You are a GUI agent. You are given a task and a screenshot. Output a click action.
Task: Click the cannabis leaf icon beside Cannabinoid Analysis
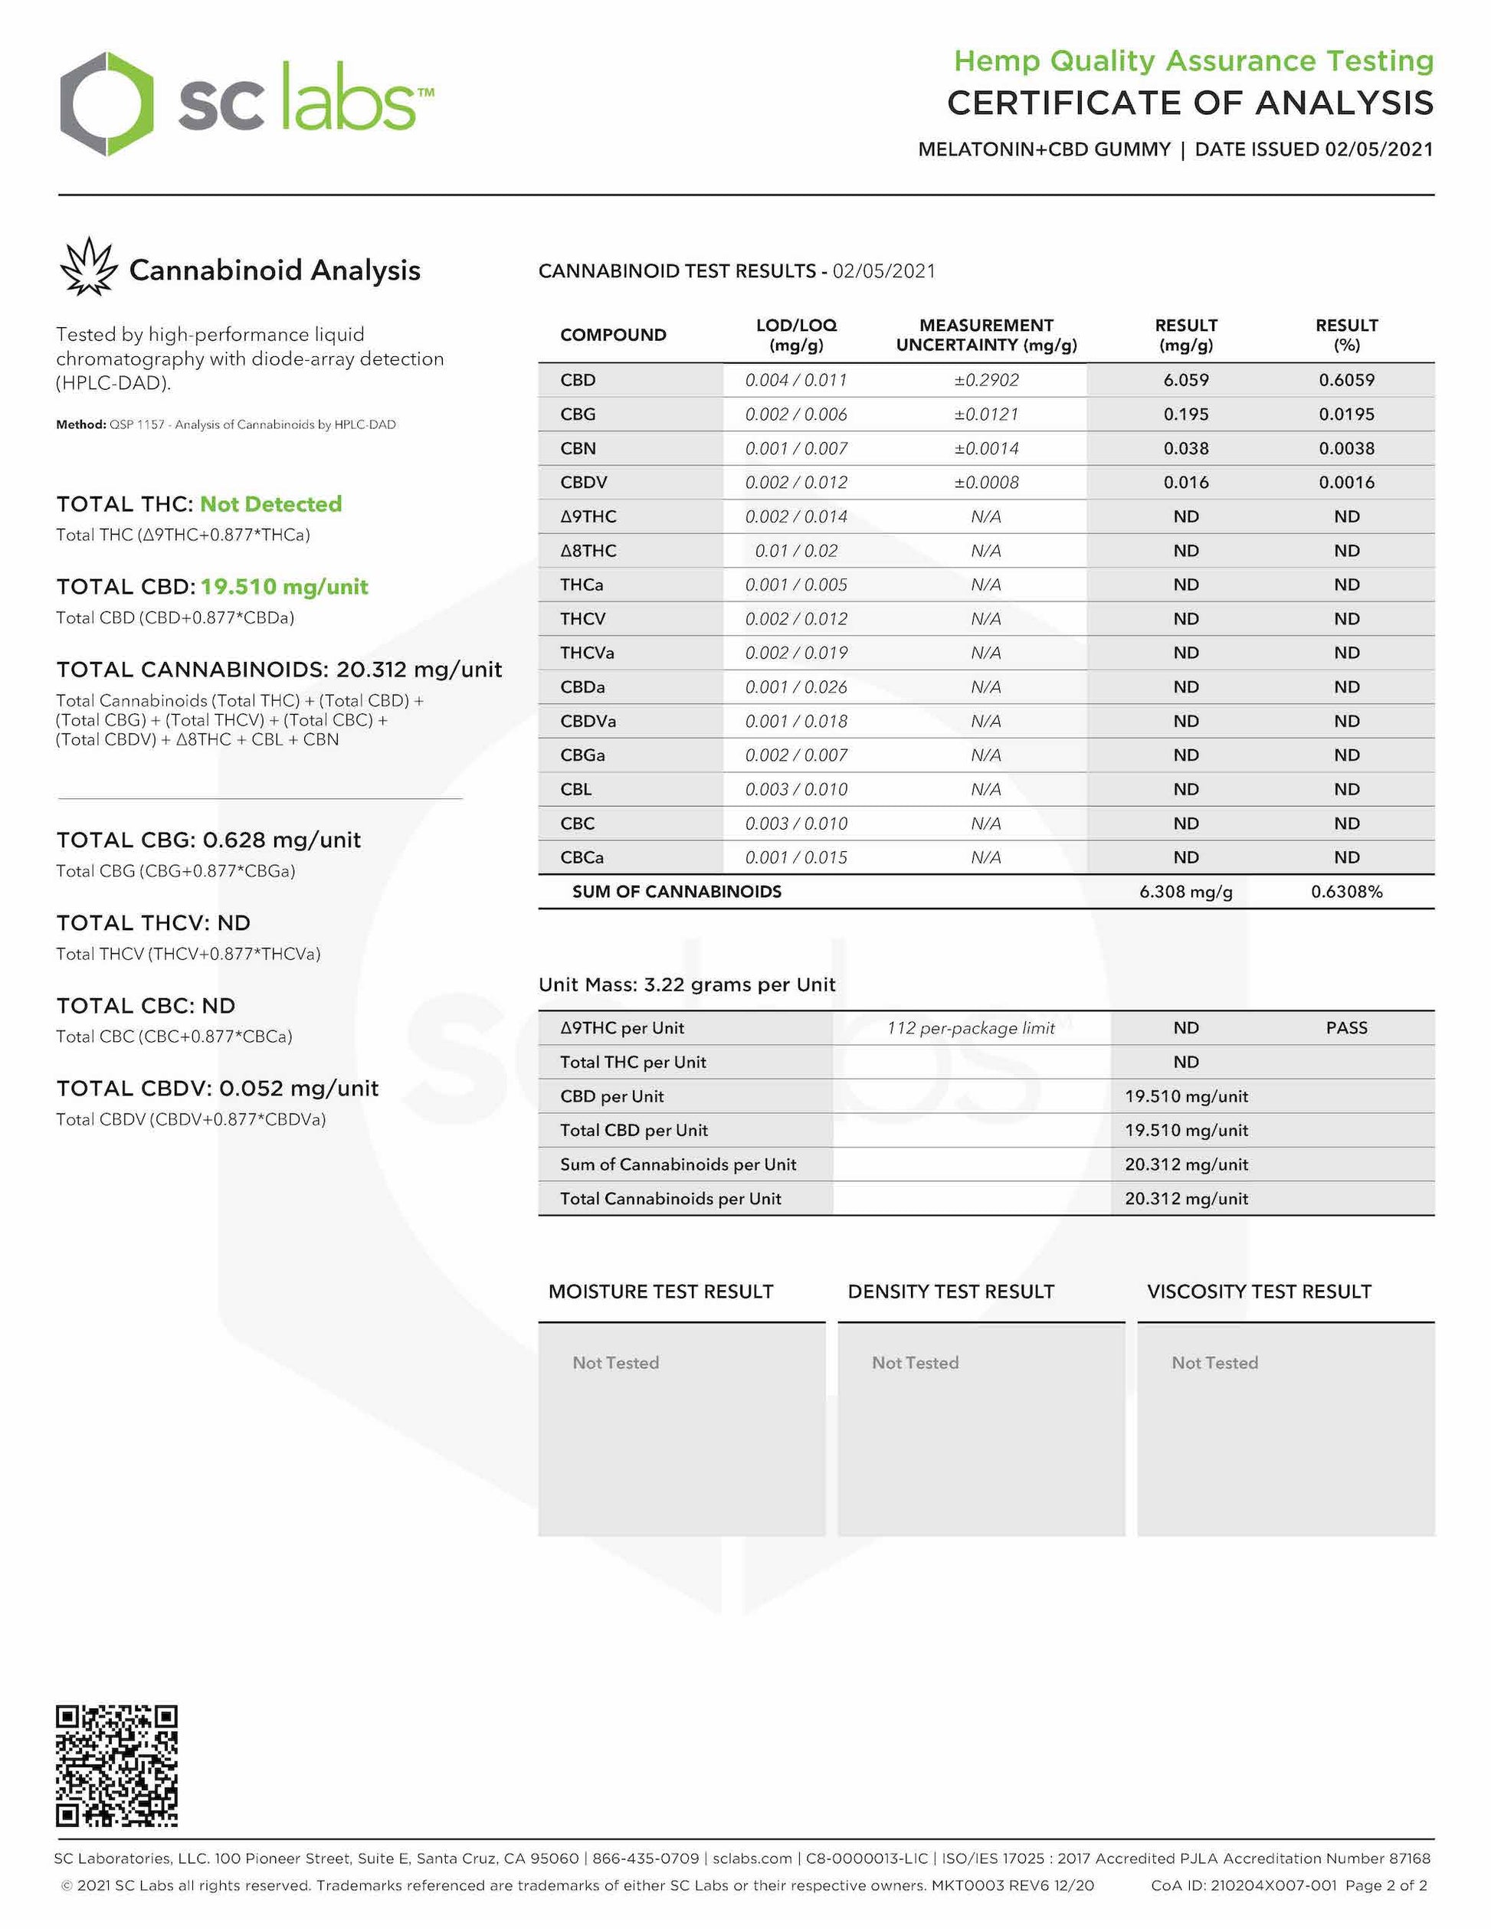pyautogui.click(x=88, y=267)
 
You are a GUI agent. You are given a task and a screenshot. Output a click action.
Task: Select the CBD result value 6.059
pyautogui.click(x=1185, y=380)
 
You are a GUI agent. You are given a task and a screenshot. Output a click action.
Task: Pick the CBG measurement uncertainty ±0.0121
pyautogui.click(x=986, y=414)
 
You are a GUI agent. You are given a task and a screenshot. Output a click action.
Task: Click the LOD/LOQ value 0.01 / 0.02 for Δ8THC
pyautogui.click(x=796, y=550)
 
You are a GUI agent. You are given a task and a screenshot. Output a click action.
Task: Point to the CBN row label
pyautogui.click(x=578, y=448)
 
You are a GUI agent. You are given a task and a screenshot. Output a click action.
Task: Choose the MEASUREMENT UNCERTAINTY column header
pyautogui.click(x=986, y=335)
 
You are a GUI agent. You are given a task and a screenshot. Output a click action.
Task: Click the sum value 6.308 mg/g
pyautogui.click(x=1185, y=891)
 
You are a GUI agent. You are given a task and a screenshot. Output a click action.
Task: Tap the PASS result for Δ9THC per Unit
pyautogui.click(x=1346, y=1027)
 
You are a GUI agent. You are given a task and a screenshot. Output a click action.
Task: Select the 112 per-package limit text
pyautogui.click(x=971, y=1028)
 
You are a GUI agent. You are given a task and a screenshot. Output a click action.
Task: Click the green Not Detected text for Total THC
pyautogui.click(x=270, y=503)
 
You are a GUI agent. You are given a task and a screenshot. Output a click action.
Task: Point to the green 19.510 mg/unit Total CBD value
pyautogui.click(x=283, y=587)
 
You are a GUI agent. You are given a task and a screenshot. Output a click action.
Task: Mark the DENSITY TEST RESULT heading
pyautogui.click(x=950, y=1292)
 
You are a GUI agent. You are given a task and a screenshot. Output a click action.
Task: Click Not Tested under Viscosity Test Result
pyautogui.click(x=1214, y=1362)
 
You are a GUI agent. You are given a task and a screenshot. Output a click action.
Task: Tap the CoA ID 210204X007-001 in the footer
pyautogui.click(x=1273, y=1885)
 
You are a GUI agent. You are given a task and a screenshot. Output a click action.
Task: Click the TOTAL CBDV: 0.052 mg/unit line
pyautogui.click(x=218, y=1088)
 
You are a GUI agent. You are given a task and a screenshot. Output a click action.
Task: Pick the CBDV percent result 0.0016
pyautogui.click(x=1346, y=483)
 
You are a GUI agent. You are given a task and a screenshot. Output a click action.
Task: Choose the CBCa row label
pyautogui.click(x=582, y=856)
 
